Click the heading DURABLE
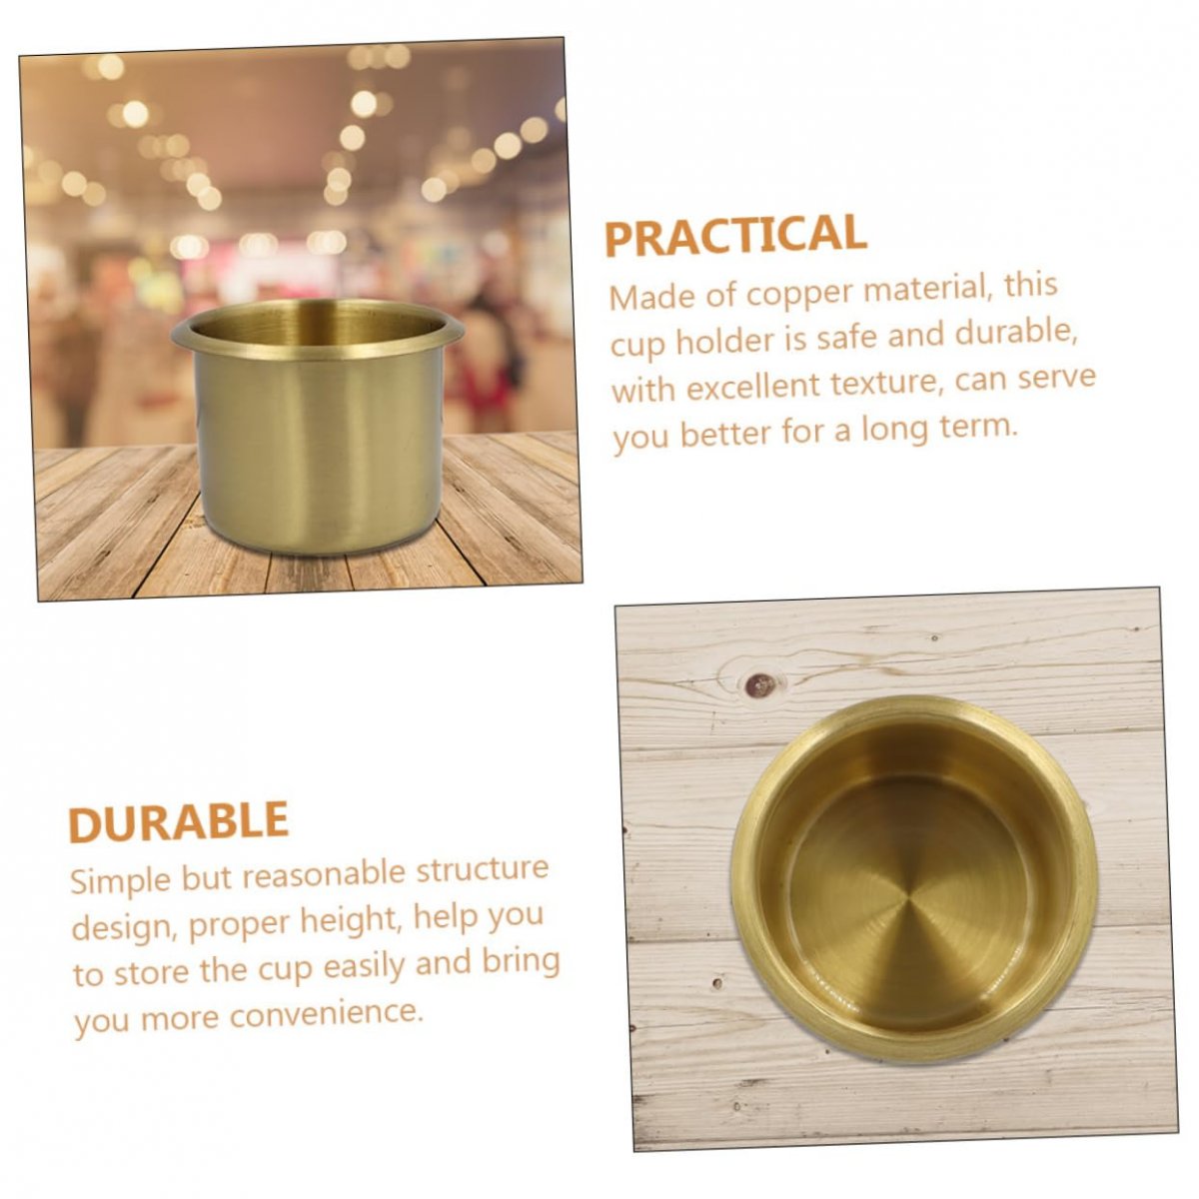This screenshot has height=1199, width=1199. [179, 821]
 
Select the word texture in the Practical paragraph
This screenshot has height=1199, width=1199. [883, 382]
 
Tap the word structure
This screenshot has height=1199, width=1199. [483, 869]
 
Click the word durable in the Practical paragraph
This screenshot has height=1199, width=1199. [1015, 333]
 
